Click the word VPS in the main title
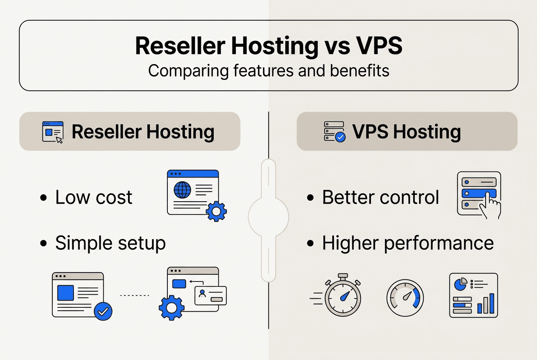point(378,46)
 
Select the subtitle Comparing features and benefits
point(268,70)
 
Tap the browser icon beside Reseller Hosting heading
point(53,132)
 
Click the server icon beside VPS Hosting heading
point(334,132)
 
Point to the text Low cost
point(94,197)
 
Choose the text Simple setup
point(110,243)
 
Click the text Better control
point(381,197)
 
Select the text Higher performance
point(408,243)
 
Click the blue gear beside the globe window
point(216,211)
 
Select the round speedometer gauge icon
point(405,297)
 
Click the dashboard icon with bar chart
point(473,295)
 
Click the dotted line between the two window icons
point(134,295)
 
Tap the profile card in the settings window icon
point(210,295)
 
